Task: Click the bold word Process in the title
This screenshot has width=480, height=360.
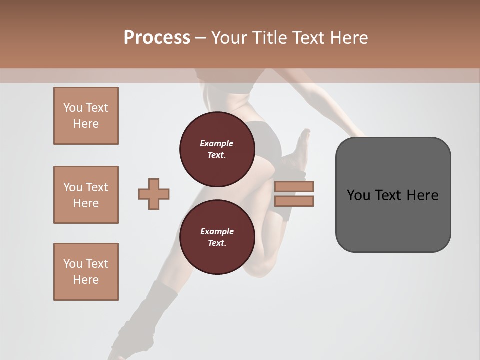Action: point(157,38)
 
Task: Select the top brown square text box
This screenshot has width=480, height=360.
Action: point(86,116)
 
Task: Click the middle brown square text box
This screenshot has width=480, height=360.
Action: point(86,195)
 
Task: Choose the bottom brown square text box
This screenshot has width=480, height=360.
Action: point(86,271)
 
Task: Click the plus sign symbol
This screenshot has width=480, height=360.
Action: point(154,194)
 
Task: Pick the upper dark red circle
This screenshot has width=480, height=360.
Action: point(217,149)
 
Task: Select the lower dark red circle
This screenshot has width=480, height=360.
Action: point(217,237)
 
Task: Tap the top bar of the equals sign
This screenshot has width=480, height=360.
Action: point(294,186)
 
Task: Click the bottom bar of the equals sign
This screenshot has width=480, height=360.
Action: point(294,201)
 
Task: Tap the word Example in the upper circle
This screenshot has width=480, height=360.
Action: point(217,143)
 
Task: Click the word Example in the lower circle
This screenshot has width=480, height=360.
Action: point(217,231)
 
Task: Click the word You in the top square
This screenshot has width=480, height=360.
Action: point(73,108)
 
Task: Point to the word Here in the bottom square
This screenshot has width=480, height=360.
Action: point(86,280)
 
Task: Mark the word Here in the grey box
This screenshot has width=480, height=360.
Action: point(422,195)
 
